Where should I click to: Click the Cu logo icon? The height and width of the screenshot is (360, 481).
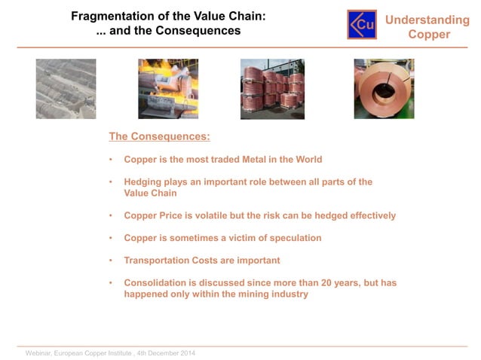(x=362, y=24)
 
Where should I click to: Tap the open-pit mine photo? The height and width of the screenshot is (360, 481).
(x=66, y=89)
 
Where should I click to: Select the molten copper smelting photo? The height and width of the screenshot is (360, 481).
(x=167, y=89)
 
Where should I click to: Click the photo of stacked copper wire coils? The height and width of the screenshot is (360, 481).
(x=272, y=89)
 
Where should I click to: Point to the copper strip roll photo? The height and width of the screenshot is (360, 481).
(x=383, y=89)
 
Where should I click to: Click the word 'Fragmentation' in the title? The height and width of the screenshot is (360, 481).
(x=106, y=15)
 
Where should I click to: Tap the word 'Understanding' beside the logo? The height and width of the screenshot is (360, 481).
(x=427, y=20)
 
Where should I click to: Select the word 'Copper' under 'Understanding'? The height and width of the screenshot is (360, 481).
(x=429, y=35)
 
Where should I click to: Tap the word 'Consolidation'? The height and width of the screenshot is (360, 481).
(x=160, y=282)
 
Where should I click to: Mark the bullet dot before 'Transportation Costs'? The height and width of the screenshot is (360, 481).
(x=111, y=261)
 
